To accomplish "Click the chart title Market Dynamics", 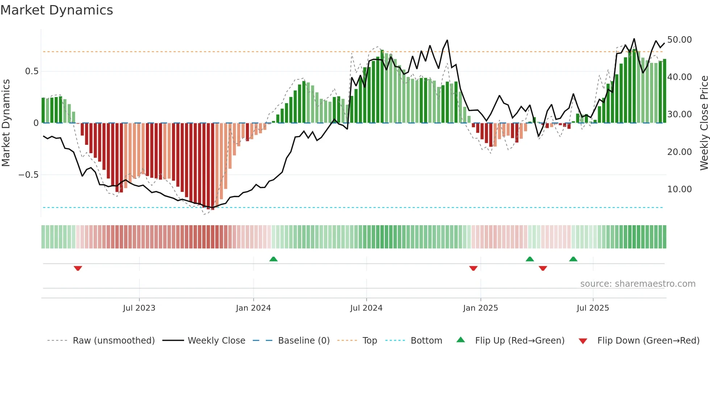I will [57, 10].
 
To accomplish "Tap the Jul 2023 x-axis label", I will [139, 308].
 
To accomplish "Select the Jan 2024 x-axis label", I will [253, 308].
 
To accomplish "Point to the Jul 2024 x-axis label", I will [366, 308].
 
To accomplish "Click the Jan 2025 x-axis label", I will [480, 308].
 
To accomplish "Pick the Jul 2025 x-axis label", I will [593, 308].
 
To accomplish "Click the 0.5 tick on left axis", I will [32, 71].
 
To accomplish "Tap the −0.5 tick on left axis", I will [28, 175].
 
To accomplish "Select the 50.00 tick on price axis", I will [679, 40].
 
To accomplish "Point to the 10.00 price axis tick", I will [679, 189].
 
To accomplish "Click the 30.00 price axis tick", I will [679, 114].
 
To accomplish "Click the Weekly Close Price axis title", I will [704, 123].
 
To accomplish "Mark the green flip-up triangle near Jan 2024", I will [273, 259].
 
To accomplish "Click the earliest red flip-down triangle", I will [78, 268].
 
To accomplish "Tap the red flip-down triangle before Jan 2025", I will [473, 268].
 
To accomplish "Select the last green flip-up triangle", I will [573, 259].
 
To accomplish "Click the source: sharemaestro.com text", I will [638, 284].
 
